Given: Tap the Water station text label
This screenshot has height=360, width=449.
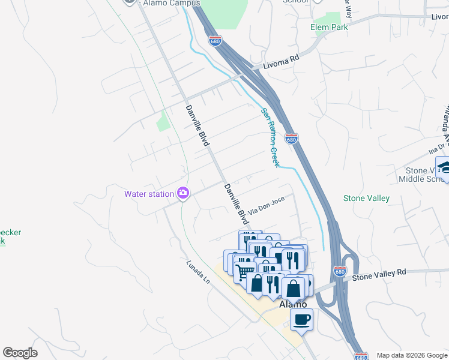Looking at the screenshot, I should pyautogui.click(x=148, y=194).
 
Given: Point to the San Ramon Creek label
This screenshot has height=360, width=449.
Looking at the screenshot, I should pyautogui.click(x=270, y=137).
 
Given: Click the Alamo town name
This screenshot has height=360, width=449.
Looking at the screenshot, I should pyautogui.click(x=294, y=304).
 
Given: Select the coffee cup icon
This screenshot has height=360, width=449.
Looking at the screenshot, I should pyautogui.click(x=301, y=319).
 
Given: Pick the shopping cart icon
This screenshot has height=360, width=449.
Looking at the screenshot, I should pyautogui.click(x=244, y=272).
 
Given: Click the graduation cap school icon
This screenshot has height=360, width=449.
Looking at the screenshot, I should pyautogui.click(x=444, y=167).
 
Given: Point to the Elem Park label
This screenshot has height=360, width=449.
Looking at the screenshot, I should pyautogui.click(x=329, y=27).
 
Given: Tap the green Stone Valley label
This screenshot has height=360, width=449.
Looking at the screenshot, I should pyautogui.click(x=366, y=198).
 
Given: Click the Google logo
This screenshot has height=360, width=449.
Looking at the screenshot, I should pyautogui.click(x=20, y=352).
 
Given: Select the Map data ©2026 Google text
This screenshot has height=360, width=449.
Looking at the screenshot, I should pyautogui.click(x=412, y=355).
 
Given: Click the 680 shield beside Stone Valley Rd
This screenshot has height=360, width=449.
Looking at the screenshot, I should pyautogui.click(x=340, y=272).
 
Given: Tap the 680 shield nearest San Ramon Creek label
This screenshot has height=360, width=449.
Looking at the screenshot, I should pyautogui.click(x=291, y=139).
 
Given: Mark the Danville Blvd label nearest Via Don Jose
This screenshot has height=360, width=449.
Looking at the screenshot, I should pyautogui.click(x=236, y=204).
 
